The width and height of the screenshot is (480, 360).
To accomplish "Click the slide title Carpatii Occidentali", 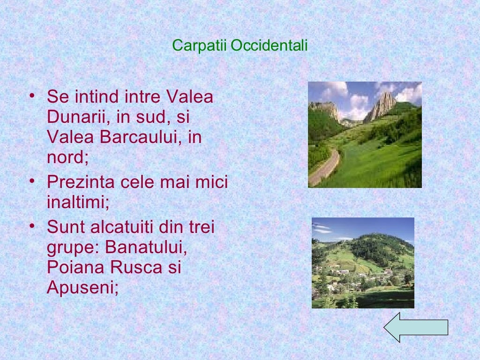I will click(x=240, y=45).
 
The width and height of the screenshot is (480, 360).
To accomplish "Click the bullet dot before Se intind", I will click(x=31, y=95).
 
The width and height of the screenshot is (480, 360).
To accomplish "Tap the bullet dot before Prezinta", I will click(x=31, y=180).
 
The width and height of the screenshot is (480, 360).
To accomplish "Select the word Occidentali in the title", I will click(x=270, y=45).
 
